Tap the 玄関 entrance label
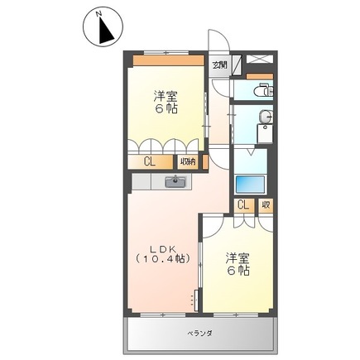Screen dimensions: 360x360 point(218,65)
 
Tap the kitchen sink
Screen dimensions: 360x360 point(175,181)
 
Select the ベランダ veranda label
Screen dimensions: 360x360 point(199,333)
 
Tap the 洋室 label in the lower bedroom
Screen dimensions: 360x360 point(238,257)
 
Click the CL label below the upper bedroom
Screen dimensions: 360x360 point(149,162)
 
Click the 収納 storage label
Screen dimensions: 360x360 point(189,162)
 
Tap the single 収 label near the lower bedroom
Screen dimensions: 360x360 point(265,204)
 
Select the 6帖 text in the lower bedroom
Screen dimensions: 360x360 point(238,270)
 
